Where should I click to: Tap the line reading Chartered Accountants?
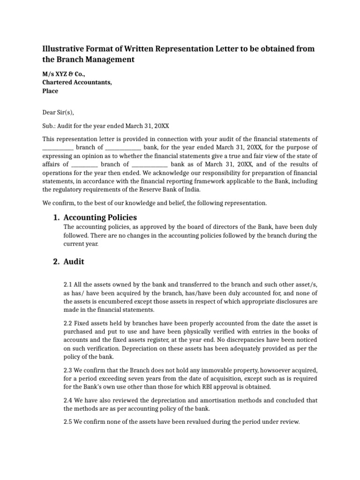coord(77,82)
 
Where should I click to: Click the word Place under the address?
coord(50,91)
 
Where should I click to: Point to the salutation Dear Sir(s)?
coord(58,112)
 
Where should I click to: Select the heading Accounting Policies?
coord(100,217)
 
